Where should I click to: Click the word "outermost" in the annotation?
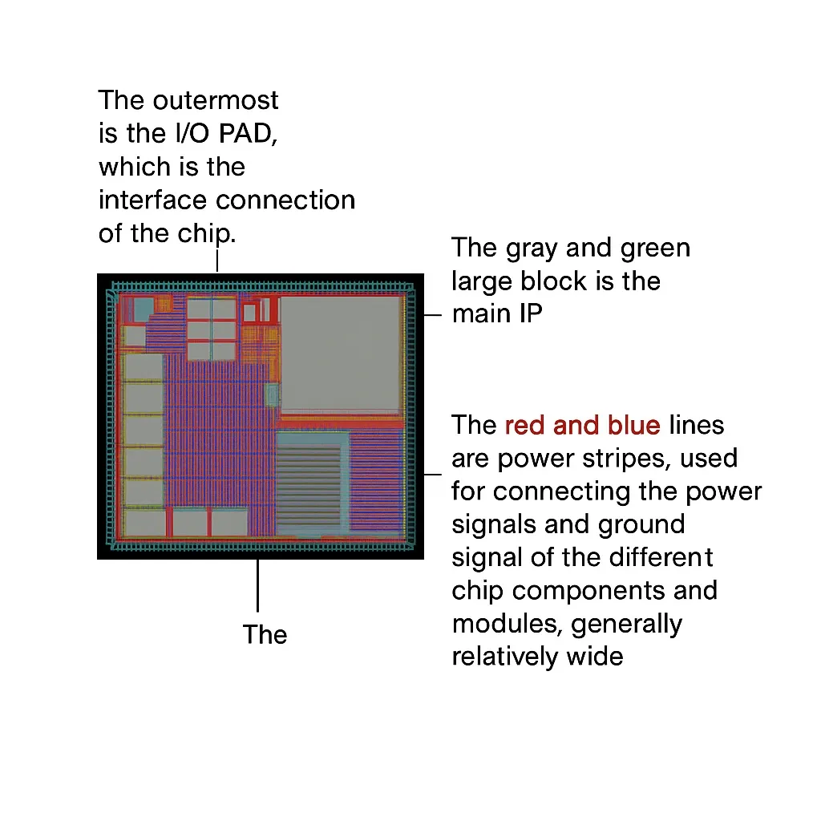[x=215, y=100]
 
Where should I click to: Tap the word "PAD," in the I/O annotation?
[x=248, y=134]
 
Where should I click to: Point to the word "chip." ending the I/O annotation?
[x=206, y=234]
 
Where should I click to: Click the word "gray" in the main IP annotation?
[x=532, y=249]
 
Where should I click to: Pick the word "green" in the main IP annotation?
[x=655, y=248]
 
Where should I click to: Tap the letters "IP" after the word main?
[x=531, y=313]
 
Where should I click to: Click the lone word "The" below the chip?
[x=265, y=635]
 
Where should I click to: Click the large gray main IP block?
[x=340, y=354]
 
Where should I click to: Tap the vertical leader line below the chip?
[x=257, y=585]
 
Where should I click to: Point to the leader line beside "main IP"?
[x=432, y=315]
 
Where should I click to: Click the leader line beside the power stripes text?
[x=432, y=475]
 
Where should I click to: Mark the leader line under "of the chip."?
[x=217, y=261]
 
